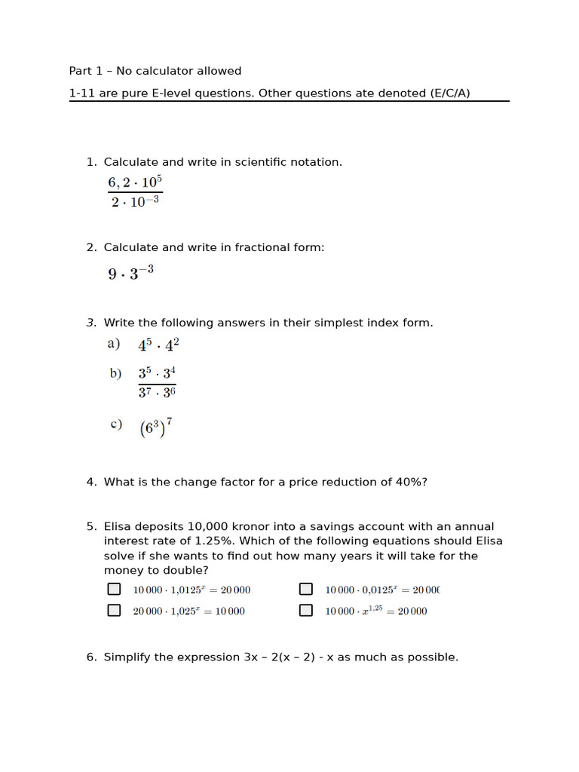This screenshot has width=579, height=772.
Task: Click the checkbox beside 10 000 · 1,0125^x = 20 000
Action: pos(114,590)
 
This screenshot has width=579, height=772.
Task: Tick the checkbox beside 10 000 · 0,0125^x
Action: pos(306,590)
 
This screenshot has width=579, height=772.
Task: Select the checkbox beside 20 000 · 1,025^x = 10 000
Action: pos(114,611)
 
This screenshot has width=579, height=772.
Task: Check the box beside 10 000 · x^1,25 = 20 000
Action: pos(306,611)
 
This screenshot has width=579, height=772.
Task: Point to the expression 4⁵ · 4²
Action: pos(158,345)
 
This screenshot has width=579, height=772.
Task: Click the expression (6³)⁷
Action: pos(156,427)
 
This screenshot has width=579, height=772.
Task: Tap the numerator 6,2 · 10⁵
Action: pos(135,182)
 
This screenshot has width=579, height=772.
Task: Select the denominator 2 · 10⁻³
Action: pos(135,202)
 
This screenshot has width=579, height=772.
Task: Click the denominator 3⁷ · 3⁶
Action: pos(157,393)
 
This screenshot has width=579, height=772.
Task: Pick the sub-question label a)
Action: pos(114,345)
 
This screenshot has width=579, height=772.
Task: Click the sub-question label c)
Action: pos(115,424)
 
